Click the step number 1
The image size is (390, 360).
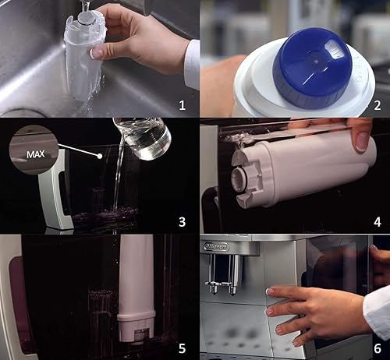183,105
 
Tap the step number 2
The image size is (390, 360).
378,105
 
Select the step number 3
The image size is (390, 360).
182,221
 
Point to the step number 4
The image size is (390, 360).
378,221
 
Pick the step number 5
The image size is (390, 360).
182,348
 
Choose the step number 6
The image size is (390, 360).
378,348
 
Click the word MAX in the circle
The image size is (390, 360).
36,154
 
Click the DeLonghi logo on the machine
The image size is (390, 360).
216,246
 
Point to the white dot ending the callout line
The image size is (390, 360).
100,156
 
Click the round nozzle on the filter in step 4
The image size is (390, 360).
239,178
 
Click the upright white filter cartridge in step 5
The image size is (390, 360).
136,288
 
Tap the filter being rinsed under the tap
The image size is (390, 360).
83,56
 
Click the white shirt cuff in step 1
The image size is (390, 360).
192,65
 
